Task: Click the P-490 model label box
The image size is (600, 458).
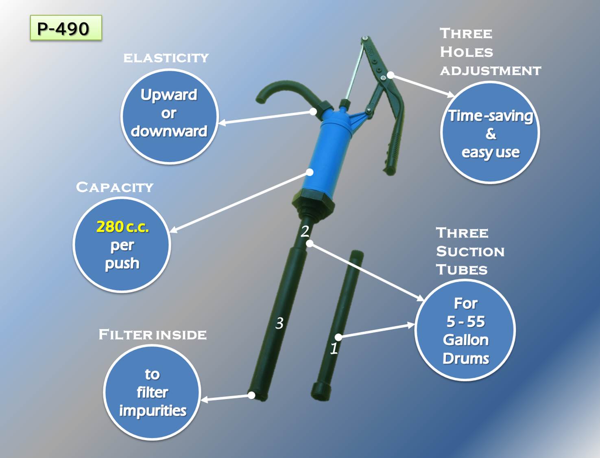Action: click(65, 28)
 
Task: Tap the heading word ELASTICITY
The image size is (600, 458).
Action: click(166, 58)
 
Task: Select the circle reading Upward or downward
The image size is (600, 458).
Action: click(169, 116)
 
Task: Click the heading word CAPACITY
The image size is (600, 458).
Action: click(115, 187)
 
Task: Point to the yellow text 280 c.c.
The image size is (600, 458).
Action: click(122, 227)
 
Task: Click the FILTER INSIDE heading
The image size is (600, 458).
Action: click(153, 335)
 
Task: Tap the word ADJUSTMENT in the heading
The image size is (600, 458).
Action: click(490, 71)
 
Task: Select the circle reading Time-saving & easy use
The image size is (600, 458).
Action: click(490, 133)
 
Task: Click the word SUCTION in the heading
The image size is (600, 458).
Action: click(470, 252)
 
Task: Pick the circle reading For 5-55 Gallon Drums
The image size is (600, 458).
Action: click(465, 330)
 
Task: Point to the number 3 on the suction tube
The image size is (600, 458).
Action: click(279, 323)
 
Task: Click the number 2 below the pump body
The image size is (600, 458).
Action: click(305, 231)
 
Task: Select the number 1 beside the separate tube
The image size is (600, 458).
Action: click(334, 348)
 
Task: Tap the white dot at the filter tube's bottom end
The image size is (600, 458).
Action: click(252, 395)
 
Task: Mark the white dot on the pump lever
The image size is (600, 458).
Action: click(390, 75)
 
